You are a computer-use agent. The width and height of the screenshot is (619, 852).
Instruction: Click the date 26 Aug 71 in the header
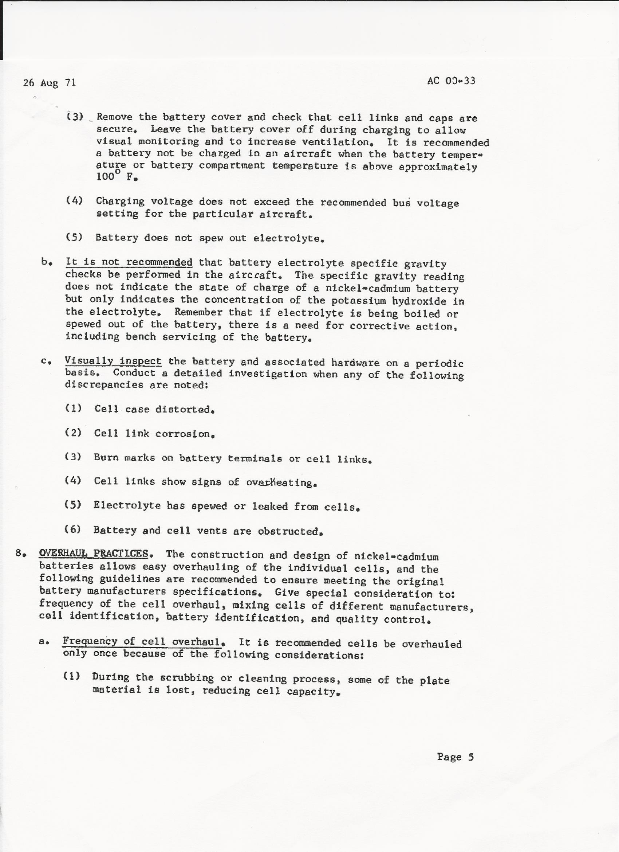pos(50,82)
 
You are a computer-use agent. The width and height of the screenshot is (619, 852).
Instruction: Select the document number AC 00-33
pos(451,81)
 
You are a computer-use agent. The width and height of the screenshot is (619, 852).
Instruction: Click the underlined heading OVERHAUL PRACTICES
pos(94,553)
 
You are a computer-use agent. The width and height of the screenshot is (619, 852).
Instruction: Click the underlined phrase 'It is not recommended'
pos(129,262)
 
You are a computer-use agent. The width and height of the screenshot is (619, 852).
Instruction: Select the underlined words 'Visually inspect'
pos(113,361)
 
